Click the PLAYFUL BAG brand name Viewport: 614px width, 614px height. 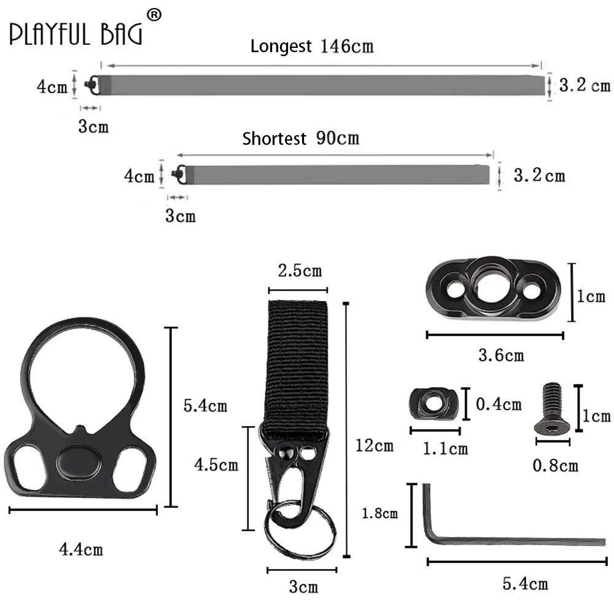[76, 34]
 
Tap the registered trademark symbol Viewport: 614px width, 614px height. [154, 15]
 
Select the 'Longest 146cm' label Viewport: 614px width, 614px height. [312, 46]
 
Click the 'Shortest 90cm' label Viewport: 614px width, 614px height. [300, 138]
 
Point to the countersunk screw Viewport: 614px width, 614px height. [552, 408]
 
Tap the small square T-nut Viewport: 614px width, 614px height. [433, 403]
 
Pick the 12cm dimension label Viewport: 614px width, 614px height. [375, 446]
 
